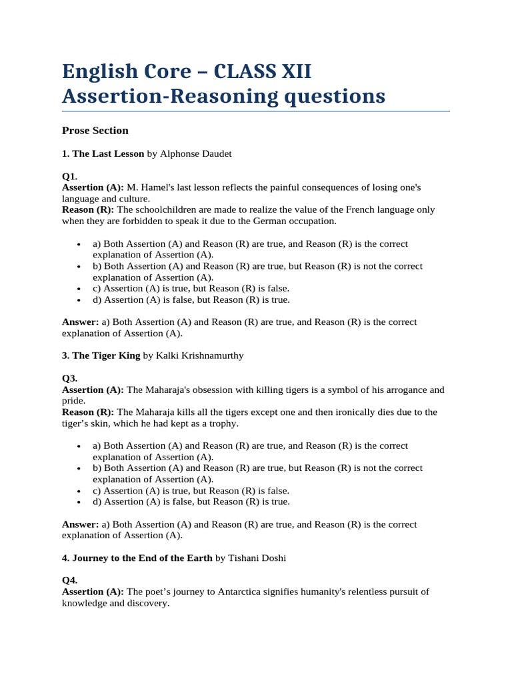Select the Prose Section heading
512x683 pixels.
tap(95, 130)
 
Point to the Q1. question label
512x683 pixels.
tap(70, 177)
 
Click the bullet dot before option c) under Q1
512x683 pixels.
tap(79, 289)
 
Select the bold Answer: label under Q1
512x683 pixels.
tap(81, 321)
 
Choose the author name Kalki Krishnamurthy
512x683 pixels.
tap(199, 356)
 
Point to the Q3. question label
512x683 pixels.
tap(70, 378)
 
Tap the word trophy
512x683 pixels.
tap(222, 424)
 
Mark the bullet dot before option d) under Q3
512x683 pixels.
tap(79, 502)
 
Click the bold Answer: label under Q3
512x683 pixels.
tap(81, 524)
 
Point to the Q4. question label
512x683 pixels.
tap(70, 580)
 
